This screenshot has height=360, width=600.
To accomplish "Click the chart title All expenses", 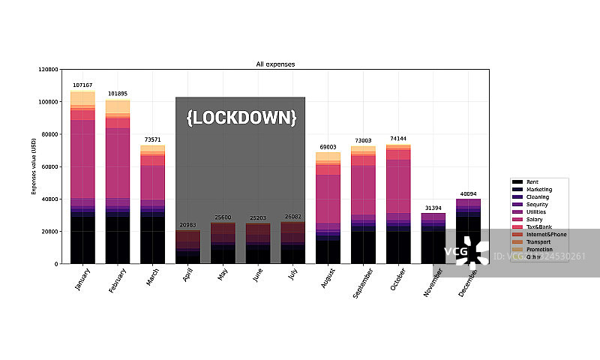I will point(275,64).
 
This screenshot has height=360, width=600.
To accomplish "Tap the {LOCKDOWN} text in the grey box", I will point(241,118).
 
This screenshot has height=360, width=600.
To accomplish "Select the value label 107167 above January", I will point(82,85).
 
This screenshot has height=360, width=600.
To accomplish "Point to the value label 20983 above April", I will point(187,225).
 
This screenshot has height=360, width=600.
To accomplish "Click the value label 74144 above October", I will point(398,139).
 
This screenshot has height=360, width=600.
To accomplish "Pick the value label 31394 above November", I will point(433,208).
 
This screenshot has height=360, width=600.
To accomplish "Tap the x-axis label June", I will point(256,278).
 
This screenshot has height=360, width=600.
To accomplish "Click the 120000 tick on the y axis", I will point(47,69).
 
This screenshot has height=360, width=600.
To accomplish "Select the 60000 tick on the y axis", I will point(49,166).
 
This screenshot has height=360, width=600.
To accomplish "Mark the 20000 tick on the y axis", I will point(49,231).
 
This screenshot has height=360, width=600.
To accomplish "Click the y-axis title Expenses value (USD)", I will point(34,166).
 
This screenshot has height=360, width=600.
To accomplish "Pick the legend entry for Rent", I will point(532,182).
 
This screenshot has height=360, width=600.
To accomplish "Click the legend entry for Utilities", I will point(535,212).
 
